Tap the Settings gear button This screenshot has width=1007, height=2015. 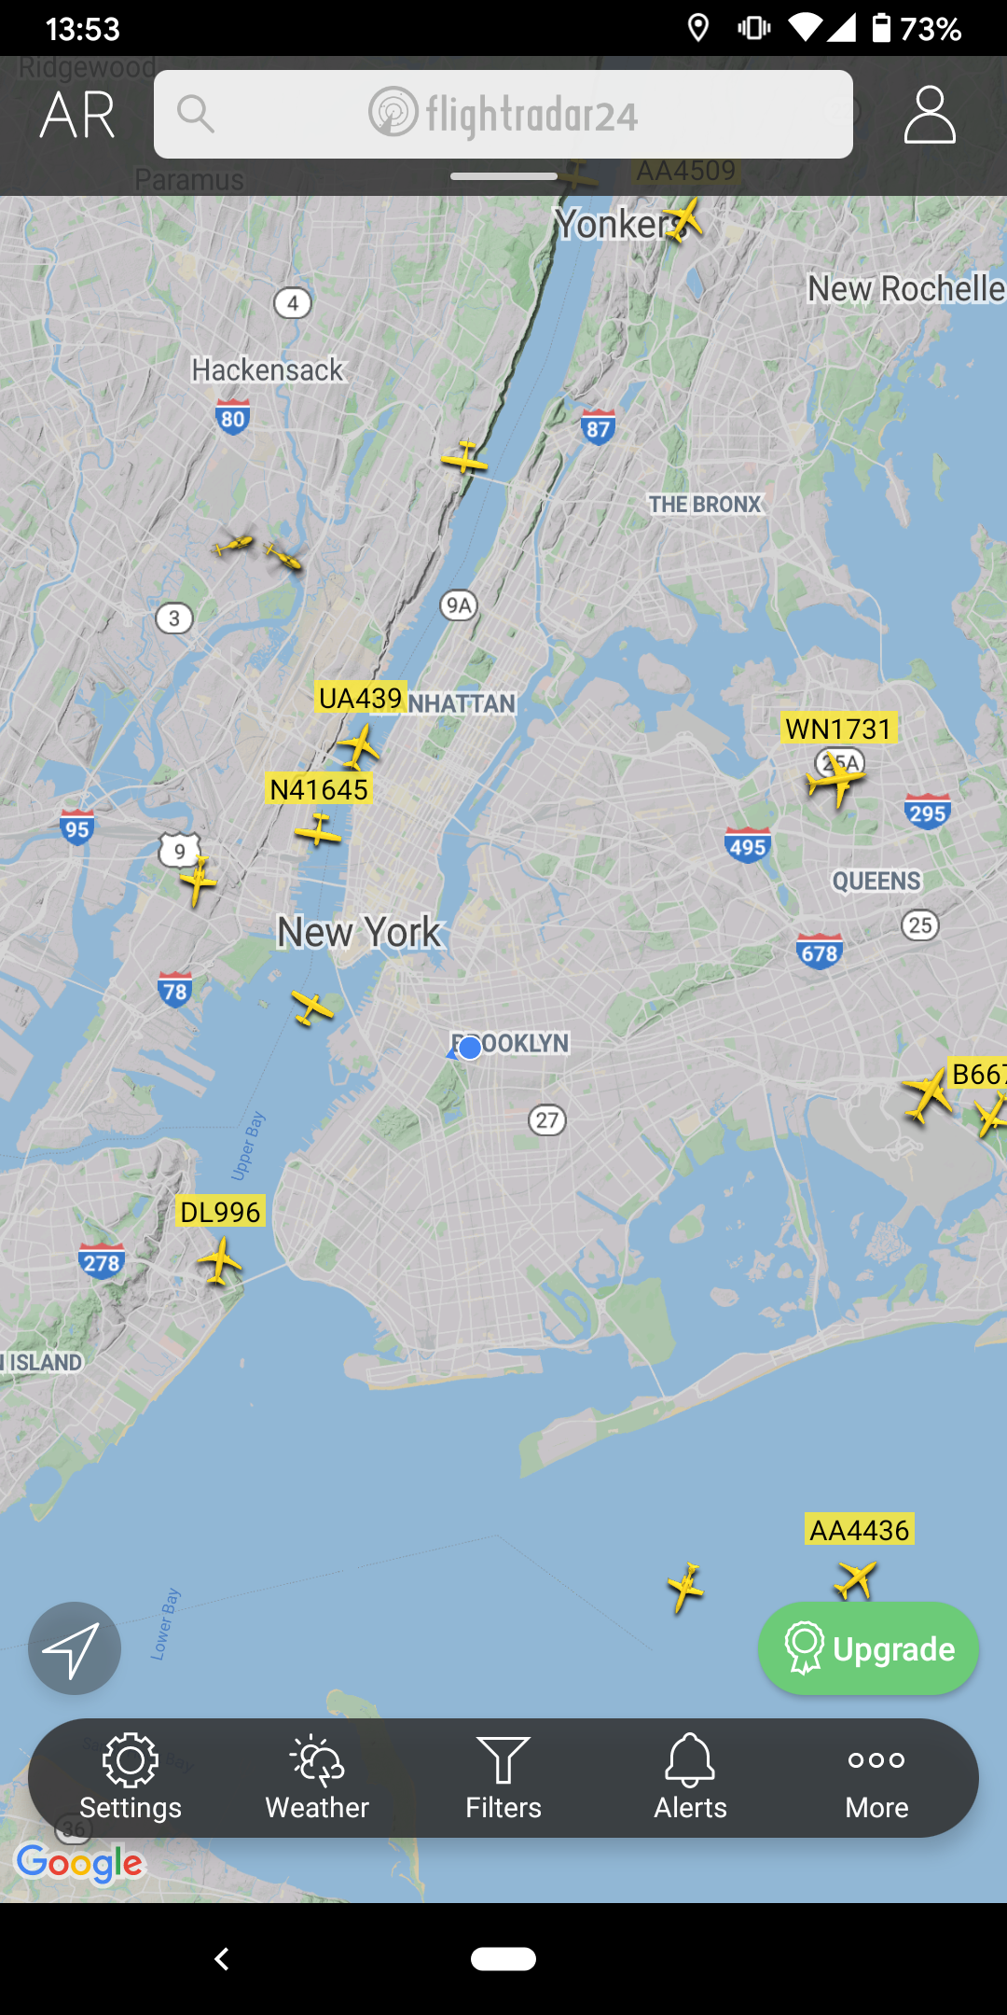131,1778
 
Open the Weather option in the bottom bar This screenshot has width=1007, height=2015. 317,1778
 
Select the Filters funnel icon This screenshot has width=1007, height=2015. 504,1778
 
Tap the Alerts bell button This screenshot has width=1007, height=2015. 690,1778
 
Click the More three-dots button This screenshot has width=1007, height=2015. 876,1778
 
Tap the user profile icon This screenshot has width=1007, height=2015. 930,115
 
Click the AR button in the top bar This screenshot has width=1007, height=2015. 77,116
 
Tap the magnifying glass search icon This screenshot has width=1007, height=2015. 196,114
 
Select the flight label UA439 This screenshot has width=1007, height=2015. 361,698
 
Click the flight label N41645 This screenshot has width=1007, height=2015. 319,789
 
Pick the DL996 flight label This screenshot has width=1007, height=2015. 220,1212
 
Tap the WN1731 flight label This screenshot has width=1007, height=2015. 839,728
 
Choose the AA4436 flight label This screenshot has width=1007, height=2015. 859,1530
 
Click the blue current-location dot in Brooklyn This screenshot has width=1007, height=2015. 470,1048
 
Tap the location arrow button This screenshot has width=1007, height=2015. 75,1648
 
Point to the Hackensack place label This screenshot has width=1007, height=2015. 268,370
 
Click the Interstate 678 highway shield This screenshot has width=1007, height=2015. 820,952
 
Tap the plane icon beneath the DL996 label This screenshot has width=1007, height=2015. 220,1261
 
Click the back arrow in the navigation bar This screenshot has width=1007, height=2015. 222,1959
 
